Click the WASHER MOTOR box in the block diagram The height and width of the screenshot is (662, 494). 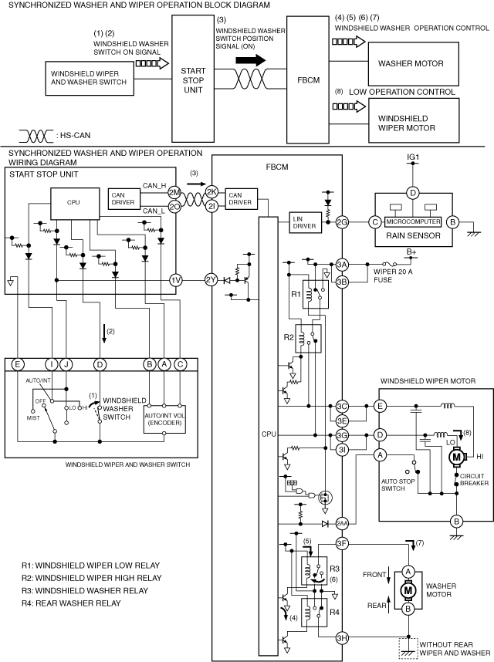pyautogui.click(x=414, y=64)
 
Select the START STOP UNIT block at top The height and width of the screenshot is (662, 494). pyautogui.click(x=193, y=79)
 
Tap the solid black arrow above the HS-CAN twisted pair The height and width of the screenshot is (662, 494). pyautogui.click(x=251, y=60)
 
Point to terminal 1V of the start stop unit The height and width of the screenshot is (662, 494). pyautogui.click(x=176, y=280)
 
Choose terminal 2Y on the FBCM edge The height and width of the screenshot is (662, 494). pyautogui.click(x=211, y=280)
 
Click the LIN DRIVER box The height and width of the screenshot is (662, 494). pyautogui.click(x=305, y=222)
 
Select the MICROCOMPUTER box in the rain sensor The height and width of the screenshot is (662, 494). pyautogui.click(x=414, y=221)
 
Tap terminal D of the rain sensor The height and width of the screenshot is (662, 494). pyautogui.click(x=412, y=194)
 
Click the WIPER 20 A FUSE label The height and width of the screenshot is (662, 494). pyautogui.click(x=393, y=275)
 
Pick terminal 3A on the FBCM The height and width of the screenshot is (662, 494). pyautogui.click(x=342, y=265)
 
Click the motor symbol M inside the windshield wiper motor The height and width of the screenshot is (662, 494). pyautogui.click(x=456, y=457)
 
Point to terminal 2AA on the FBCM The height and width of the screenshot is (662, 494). pyautogui.click(x=342, y=524)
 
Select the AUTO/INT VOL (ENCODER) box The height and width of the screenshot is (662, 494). pyautogui.click(x=164, y=419)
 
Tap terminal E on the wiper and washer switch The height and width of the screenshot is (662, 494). pyautogui.click(x=18, y=364)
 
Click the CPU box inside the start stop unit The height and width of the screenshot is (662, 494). pyautogui.click(x=75, y=203)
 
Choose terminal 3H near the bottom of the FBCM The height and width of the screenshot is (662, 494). pyautogui.click(x=342, y=638)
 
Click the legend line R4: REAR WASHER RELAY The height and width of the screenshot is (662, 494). pyautogui.click(x=71, y=603)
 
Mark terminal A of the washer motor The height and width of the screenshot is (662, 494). pyautogui.click(x=408, y=572)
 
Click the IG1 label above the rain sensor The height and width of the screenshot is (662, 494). pyautogui.click(x=413, y=157)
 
